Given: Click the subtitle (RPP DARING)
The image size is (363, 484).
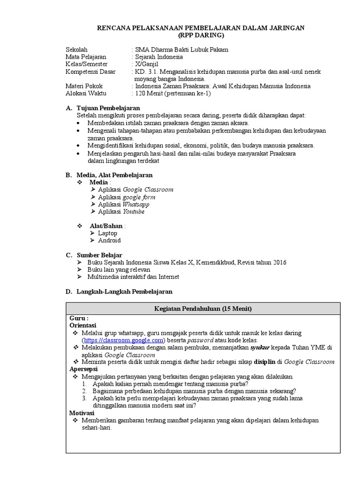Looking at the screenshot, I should click(201, 35).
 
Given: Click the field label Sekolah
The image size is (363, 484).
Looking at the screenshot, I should click(76, 50).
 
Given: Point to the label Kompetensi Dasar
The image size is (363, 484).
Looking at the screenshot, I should click(90, 71).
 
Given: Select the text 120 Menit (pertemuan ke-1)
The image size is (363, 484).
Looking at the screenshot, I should click(173, 93).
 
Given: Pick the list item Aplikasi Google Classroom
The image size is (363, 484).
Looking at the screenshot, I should click(135, 190).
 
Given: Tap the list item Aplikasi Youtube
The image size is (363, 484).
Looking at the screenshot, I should click(121, 212).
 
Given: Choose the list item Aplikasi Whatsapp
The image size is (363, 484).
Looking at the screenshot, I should click(123, 204).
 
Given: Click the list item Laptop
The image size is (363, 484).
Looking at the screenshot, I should click(108, 233).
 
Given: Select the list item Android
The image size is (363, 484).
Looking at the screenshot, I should click(109, 240).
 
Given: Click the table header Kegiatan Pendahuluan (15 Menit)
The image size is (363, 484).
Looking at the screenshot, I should click(203, 309).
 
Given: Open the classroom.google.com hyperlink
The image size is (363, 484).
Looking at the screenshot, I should click(123, 340).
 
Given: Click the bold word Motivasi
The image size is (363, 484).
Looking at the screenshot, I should click(82, 413).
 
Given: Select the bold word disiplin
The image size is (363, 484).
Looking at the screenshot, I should click(265, 362).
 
